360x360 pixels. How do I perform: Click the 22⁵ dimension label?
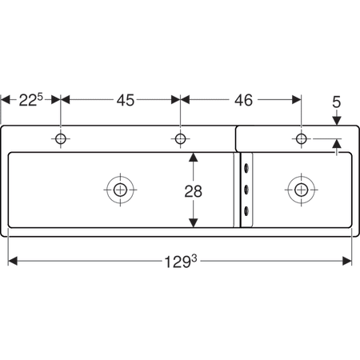30,100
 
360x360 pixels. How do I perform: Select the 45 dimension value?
126,100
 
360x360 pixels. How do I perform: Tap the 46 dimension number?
243,100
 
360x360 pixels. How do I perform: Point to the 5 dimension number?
337,102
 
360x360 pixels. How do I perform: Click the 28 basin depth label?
194,191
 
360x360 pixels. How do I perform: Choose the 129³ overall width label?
181,262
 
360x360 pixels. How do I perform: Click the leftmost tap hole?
61,138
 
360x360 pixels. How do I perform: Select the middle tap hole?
180,138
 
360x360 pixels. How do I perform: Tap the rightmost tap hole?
302,138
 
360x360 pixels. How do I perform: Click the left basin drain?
120,190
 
